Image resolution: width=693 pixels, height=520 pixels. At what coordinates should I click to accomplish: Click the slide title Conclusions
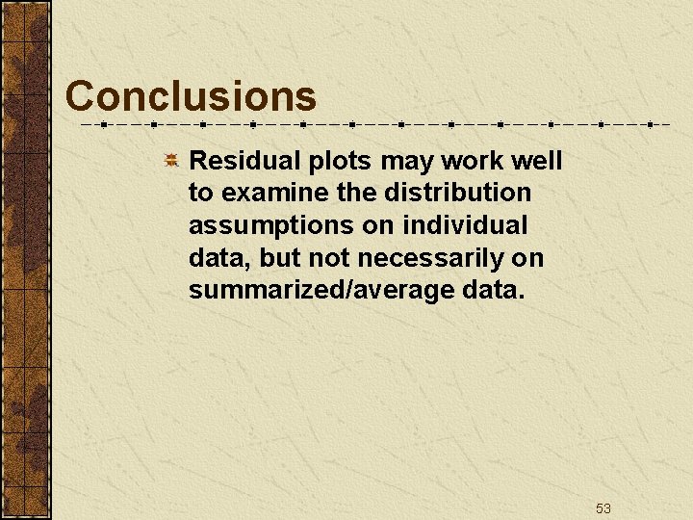point(191,96)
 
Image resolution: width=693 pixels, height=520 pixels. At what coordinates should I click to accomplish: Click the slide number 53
point(603,507)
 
